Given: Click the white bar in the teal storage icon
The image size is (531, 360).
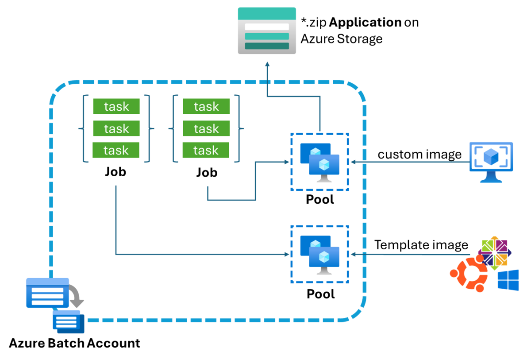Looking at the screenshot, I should point(267,27).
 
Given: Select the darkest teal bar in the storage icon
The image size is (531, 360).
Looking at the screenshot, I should point(267,46).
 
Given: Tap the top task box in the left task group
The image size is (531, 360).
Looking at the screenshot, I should point(116,106).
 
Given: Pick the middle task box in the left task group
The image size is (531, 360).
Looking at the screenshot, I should point(116,128).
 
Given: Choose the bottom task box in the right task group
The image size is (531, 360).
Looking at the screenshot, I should point(206,150).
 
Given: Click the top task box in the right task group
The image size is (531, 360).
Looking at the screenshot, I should point(206,106).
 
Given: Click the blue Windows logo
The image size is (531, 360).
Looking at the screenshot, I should point(508,280).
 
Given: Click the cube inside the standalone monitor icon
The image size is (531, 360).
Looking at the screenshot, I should point(491,156).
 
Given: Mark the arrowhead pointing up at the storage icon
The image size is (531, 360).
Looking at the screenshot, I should point(267,63).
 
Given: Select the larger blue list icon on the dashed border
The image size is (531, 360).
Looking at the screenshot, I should point(47,293).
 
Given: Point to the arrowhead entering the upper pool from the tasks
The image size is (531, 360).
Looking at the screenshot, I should point(287,162).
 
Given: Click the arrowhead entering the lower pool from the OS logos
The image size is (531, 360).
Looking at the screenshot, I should point(353,255).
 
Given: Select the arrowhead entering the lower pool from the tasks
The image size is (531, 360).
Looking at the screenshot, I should point(287,255).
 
